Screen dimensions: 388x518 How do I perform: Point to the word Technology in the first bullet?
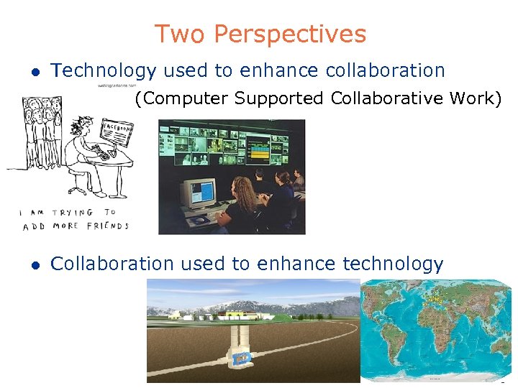click(x=104, y=70)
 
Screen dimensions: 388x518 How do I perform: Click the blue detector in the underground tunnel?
click(x=243, y=357)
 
